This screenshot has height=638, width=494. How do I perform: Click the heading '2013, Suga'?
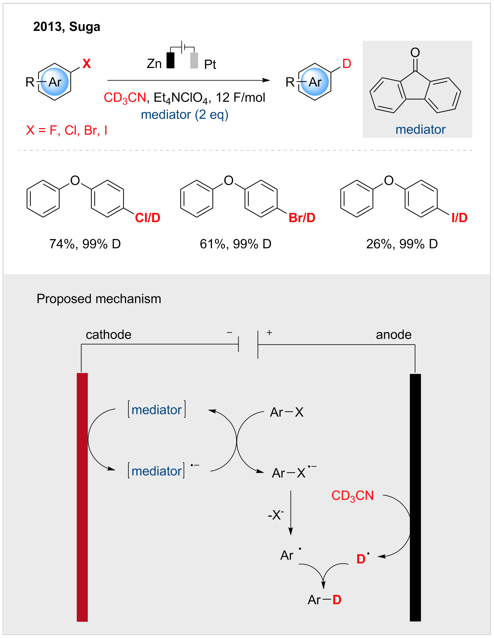click(67, 27)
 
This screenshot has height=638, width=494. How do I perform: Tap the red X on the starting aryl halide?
click(87, 64)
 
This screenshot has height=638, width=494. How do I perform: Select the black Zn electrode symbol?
click(170, 60)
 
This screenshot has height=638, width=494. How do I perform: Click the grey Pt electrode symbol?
click(194, 60)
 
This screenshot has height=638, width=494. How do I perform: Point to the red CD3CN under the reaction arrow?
click(125, 98)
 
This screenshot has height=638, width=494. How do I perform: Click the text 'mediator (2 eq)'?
click(184, 115)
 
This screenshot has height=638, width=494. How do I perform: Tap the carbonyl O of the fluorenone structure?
click(415, 53)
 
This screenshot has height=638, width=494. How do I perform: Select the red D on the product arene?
click(347, 64)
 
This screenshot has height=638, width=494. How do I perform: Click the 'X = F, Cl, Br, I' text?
click(67, 130)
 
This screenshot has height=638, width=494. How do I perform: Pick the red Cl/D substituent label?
click(148, 218)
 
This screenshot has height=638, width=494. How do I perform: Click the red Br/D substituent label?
click(302, 218)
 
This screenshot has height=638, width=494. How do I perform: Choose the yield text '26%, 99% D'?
click(402, 244)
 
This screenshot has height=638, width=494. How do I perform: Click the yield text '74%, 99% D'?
click(85, 244)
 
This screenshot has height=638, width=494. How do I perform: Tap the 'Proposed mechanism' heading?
click(99, 299)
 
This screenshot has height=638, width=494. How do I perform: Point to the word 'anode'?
click(393, 335)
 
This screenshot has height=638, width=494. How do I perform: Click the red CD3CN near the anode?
click(353, 496)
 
